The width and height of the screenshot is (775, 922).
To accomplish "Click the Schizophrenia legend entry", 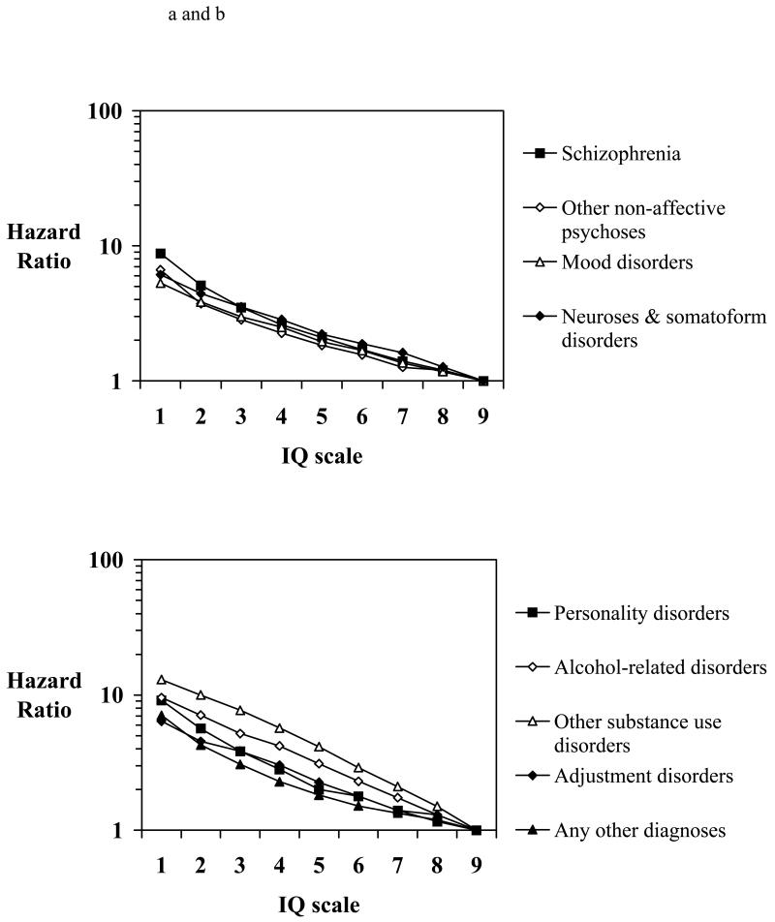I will pyautogui.click(x=611, y=153).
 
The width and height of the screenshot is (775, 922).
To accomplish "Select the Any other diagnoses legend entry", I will pyautogui.click(x=635, y=829).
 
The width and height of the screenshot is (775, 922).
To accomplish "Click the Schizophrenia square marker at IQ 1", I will pyautogui.click(x=161, y=254).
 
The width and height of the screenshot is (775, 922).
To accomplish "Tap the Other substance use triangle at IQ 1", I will pyautogui.click(x=161, y=680).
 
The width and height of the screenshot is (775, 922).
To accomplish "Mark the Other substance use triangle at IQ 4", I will pyautogui.click(x=281, y=728).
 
